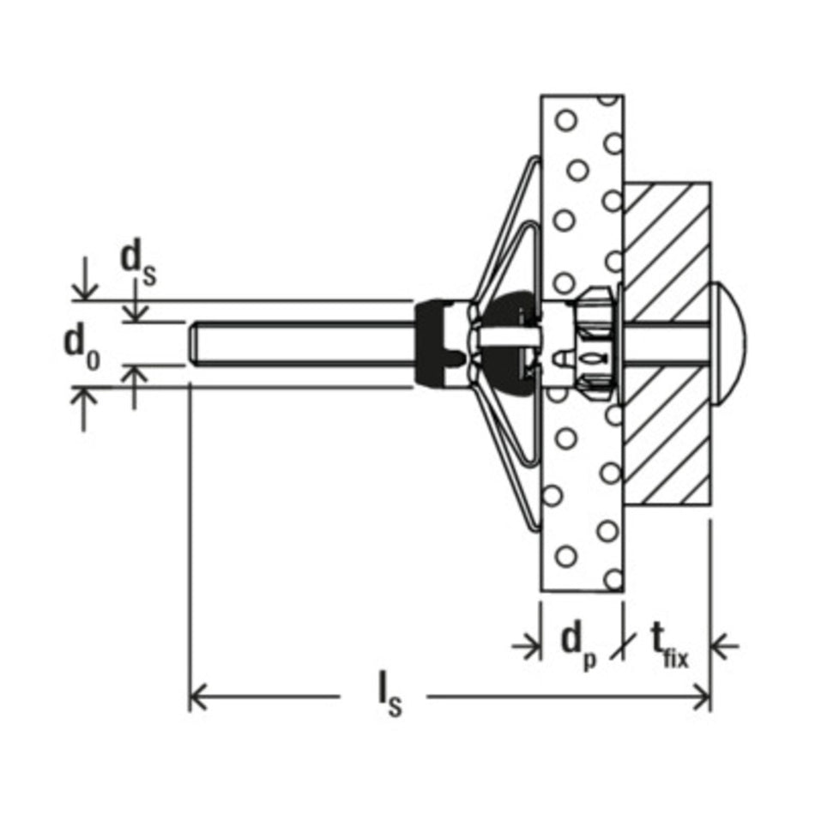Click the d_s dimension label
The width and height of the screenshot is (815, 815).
[137, 265]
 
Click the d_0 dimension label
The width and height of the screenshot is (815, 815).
[81, 349]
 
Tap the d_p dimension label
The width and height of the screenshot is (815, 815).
[579, 646]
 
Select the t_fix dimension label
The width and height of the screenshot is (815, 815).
[669, 646]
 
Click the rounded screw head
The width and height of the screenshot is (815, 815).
[727, 344]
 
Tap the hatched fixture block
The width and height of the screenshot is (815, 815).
[667, 343]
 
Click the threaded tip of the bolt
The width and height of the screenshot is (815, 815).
[193, 344]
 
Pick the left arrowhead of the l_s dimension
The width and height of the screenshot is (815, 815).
[196, 697]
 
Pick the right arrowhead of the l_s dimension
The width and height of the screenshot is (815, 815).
[702, 697]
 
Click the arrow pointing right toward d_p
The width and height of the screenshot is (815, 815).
[527, 646]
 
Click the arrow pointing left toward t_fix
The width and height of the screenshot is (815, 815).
[724, 646]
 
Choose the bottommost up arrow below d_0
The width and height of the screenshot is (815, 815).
[85, 408]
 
